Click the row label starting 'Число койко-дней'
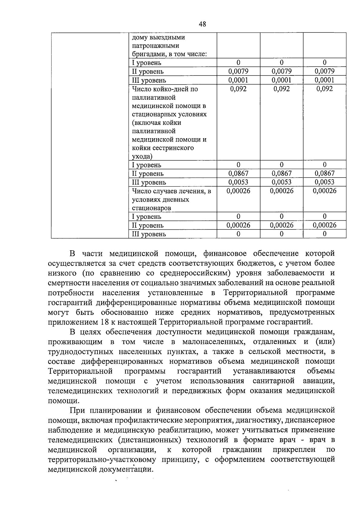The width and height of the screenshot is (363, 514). tap(165, 89)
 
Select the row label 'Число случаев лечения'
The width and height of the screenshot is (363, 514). tap(171, 191)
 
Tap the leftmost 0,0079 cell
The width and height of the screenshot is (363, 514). tap(238, 72)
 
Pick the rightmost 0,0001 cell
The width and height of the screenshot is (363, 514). tap(325, 80)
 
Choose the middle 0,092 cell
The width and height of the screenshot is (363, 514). tap(281, 89)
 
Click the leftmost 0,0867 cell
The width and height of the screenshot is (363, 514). tap(238, 174)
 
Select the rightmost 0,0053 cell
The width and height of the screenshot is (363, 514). tap(325, 182)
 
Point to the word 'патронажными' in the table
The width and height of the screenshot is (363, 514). tap(155, 46)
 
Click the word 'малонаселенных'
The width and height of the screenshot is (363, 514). tap(214, 342)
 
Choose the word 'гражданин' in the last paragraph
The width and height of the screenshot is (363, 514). tap(242, 449)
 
